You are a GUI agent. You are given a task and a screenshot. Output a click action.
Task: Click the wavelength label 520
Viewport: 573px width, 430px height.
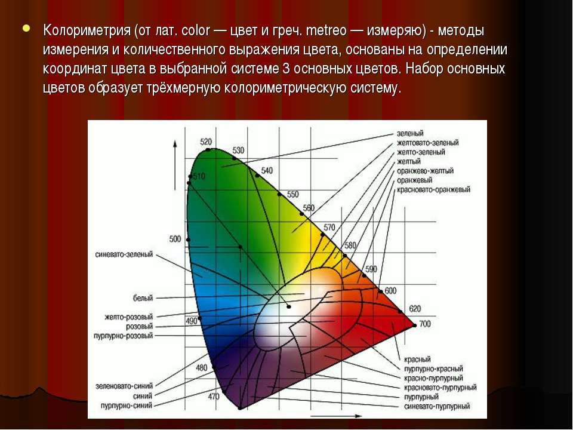click(206, 142)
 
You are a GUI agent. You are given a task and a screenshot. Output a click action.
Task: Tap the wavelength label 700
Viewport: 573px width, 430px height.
click(424, 324)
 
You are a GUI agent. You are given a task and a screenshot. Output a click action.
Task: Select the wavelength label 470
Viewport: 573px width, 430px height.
click(214, 397)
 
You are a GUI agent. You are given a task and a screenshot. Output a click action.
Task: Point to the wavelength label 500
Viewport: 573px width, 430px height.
click(175, 239)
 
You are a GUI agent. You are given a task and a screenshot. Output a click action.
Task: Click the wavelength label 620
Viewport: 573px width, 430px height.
click(415, 309)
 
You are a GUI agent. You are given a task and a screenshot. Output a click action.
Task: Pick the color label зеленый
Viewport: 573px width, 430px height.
click(410, 133)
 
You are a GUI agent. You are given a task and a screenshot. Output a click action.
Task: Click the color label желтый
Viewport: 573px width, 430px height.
click(408, 161)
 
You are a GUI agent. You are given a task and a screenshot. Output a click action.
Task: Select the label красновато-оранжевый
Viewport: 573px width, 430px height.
click(433, 189)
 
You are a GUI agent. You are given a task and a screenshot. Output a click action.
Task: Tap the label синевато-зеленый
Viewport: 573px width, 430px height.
click(124, 254)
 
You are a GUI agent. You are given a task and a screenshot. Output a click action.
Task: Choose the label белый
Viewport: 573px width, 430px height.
click(143, 298)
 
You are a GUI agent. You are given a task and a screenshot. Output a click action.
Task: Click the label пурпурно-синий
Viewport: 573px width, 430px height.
click(127, 406)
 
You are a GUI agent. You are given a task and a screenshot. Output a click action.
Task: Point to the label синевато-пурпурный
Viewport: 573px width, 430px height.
click(437, 406)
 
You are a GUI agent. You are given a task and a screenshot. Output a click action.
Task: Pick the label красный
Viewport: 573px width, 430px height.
click(417, 359)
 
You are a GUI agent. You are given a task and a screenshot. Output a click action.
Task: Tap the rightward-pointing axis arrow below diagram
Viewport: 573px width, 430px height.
click(336, 416)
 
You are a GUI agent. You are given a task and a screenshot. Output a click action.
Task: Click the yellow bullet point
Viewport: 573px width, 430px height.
click(26, 28)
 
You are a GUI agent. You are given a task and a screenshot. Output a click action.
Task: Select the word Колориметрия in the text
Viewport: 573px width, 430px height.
click(87, 30)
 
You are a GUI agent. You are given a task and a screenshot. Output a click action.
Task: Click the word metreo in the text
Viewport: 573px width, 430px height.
click(326, 30)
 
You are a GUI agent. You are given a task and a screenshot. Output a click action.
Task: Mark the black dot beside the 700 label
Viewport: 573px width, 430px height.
click(414, 325)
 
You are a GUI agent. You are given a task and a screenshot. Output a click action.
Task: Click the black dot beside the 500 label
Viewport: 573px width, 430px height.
click(188, 240)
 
